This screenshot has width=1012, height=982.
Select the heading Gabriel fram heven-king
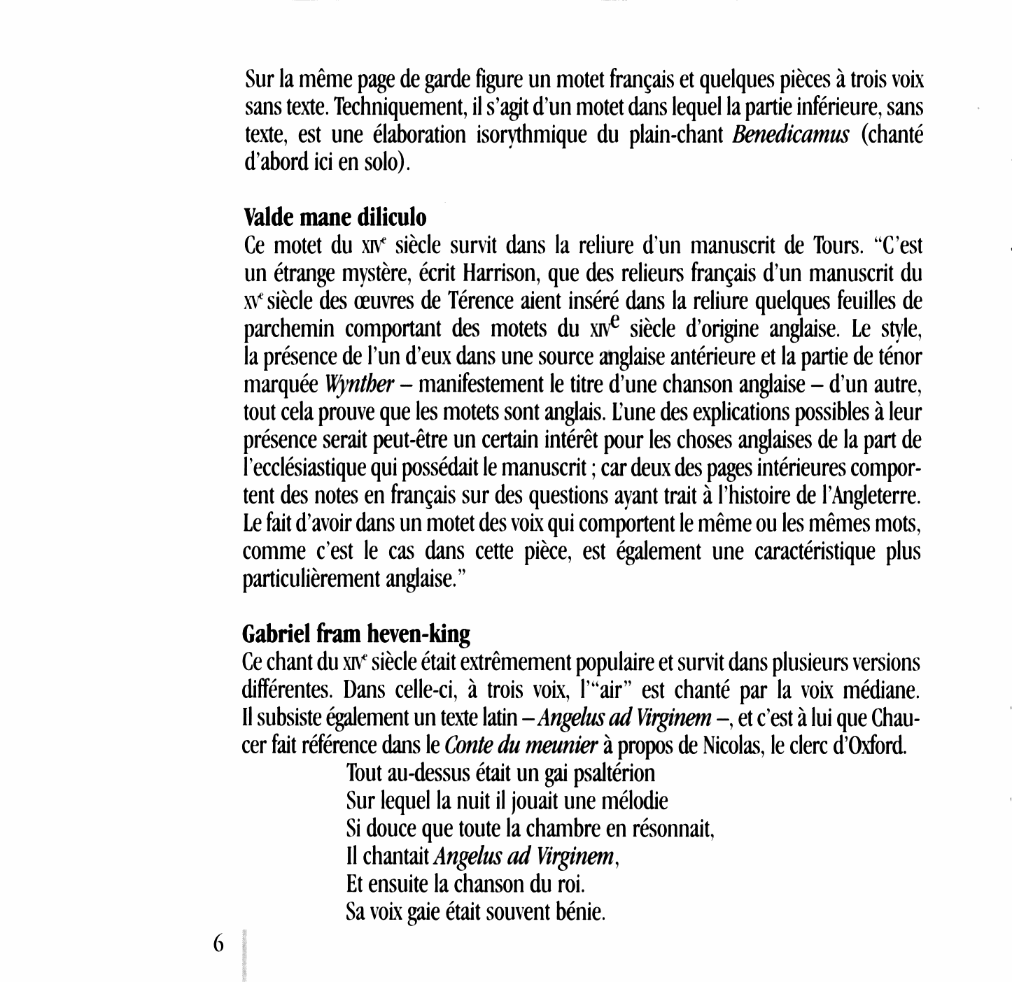pyautogui.click(x=356, y=634)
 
